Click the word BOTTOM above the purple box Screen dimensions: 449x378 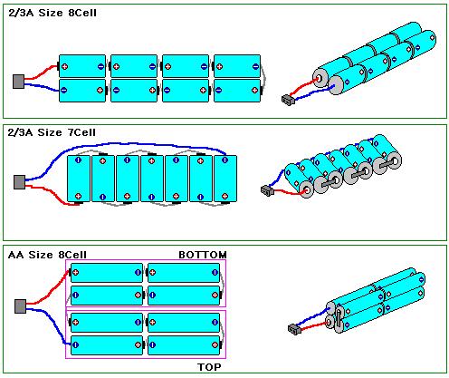(x=203, y=255)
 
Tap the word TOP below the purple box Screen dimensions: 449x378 (x=209, y=367)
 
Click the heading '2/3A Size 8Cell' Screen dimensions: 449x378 (x=53, y=13)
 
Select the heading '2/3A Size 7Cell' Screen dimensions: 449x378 (x=52, y=132)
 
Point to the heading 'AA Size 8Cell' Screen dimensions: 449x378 (x=47, y=255)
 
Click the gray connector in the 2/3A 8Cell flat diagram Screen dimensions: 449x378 (x=18, y=82)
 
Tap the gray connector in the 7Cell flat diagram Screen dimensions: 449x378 (x=19, y=182)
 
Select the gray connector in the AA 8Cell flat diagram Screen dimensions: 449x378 (x=20, y=306)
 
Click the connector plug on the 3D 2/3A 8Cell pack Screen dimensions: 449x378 (x=288, y=100)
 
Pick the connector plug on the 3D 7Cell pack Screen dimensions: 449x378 (x=267, y=190)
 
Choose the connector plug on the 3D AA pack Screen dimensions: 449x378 (x=294, y=329)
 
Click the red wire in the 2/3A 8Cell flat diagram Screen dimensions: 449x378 (x=41, y=73)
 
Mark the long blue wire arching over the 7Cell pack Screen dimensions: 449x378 (x=127, y=144)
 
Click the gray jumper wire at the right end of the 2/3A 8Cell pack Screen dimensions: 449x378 (x=263, y=78)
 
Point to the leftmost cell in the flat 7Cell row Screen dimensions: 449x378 (x=79, y=179)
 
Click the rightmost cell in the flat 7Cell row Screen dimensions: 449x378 (x=225, y=179)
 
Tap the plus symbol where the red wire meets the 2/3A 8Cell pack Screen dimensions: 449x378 (x=64, y=66)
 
